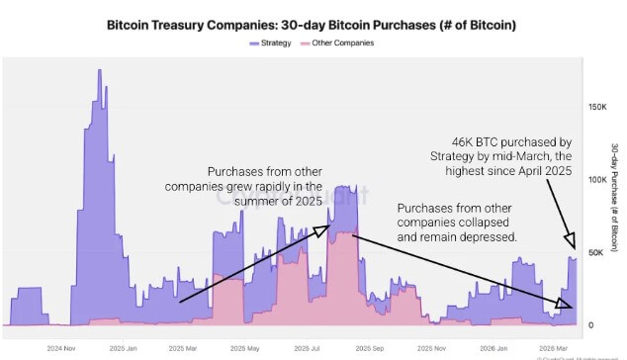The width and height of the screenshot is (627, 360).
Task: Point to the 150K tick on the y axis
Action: (597, 106)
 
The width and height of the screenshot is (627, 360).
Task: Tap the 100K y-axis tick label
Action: (597, 179)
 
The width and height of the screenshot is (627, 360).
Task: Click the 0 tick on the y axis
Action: (591, 325)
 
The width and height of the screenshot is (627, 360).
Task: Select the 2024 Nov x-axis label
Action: (63, 348)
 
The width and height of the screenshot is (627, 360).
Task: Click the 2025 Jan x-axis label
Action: (124, 348)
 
